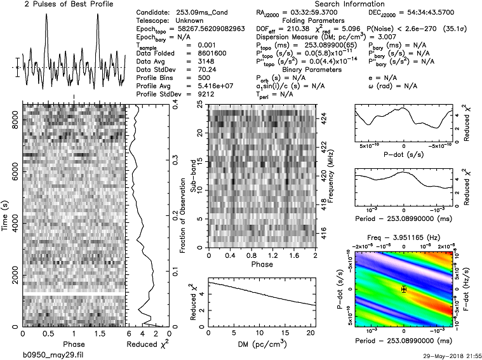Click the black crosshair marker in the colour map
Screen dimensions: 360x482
404,289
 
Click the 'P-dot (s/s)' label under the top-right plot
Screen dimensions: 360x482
404,154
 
